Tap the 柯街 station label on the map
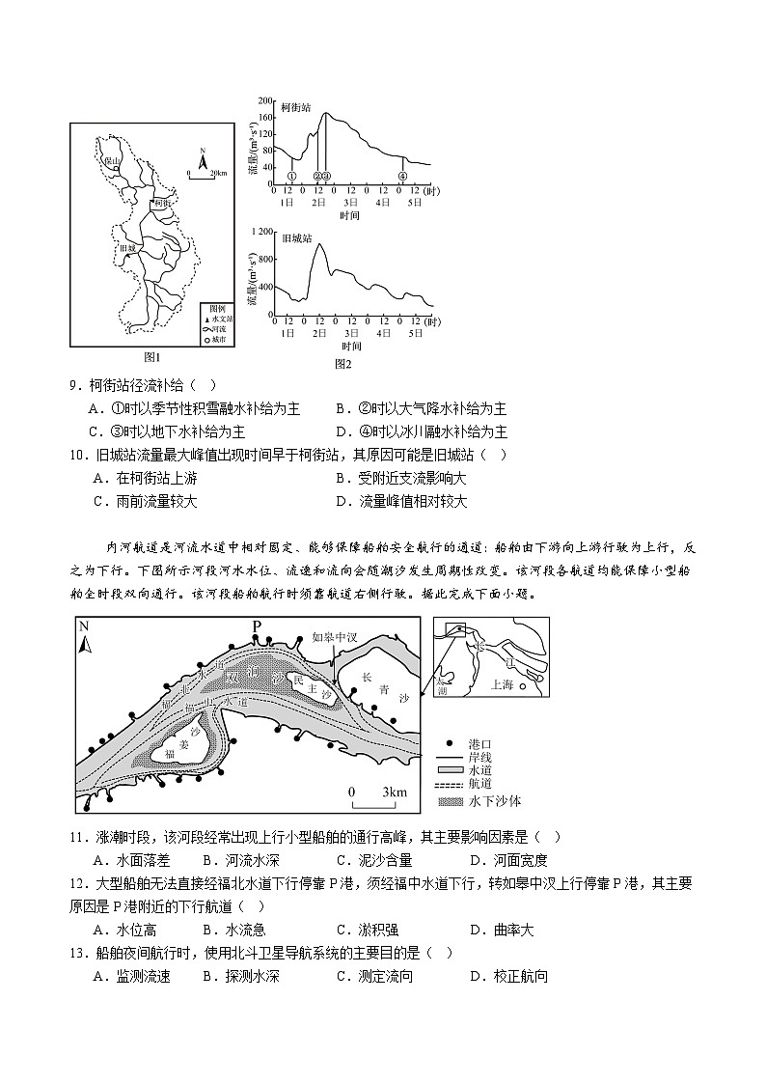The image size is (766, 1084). tap(161, 204)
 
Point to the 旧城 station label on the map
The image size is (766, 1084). tap(127, 249)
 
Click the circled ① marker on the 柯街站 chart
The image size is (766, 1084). tap(291, 176)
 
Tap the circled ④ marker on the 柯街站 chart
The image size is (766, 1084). tap(402, 176)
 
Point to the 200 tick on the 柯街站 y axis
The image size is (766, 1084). tap(265, 99)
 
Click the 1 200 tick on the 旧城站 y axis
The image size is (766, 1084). tap(261, 232)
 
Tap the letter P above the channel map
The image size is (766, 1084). tap(257, 626)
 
